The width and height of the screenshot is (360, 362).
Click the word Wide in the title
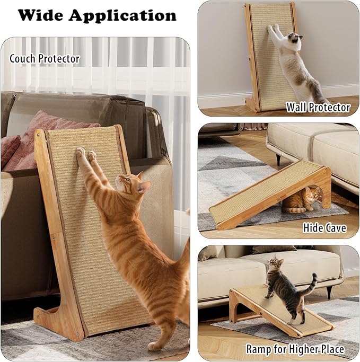point(41,15)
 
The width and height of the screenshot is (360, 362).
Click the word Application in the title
point(122,16)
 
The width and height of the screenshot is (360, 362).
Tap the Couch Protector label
point(45,58)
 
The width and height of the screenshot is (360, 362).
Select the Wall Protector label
point(318,107)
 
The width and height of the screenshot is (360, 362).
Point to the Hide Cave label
point(324,227)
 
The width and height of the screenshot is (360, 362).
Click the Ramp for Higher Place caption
point(295,349)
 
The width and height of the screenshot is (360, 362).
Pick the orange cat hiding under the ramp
point(301,200)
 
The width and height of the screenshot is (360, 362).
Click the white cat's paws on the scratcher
point(273,28)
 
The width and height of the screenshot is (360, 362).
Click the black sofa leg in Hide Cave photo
point(278,160)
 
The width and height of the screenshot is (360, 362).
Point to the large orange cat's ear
point(145,187)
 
